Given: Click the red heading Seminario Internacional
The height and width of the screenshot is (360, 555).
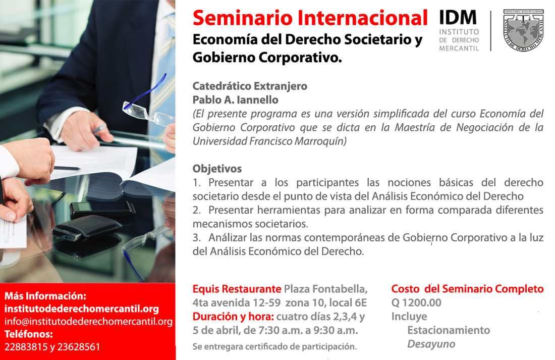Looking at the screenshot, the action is [310, 18].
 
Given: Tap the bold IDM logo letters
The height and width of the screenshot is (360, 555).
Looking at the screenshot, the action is [458, 17].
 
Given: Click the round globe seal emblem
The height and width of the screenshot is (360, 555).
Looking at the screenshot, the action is [524, 30].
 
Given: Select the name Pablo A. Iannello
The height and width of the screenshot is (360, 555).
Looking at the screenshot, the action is [236, 100].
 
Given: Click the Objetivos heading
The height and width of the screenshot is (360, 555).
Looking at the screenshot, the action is [217, 169].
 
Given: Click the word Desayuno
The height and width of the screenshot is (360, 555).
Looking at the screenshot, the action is [431, 344].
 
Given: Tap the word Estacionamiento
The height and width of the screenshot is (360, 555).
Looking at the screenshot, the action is [449, 330].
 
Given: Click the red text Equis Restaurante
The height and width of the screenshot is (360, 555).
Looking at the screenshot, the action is [237, 289].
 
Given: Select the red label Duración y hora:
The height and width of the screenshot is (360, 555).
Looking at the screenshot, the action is [233, 317].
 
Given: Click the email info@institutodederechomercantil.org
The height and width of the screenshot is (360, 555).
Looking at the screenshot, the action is [88, 322].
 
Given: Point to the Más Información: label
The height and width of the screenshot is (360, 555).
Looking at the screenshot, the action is [45, 296].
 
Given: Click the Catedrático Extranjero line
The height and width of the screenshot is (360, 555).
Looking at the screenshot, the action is [250, 86].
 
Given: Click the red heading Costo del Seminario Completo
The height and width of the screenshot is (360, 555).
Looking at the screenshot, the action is [467, 289].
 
